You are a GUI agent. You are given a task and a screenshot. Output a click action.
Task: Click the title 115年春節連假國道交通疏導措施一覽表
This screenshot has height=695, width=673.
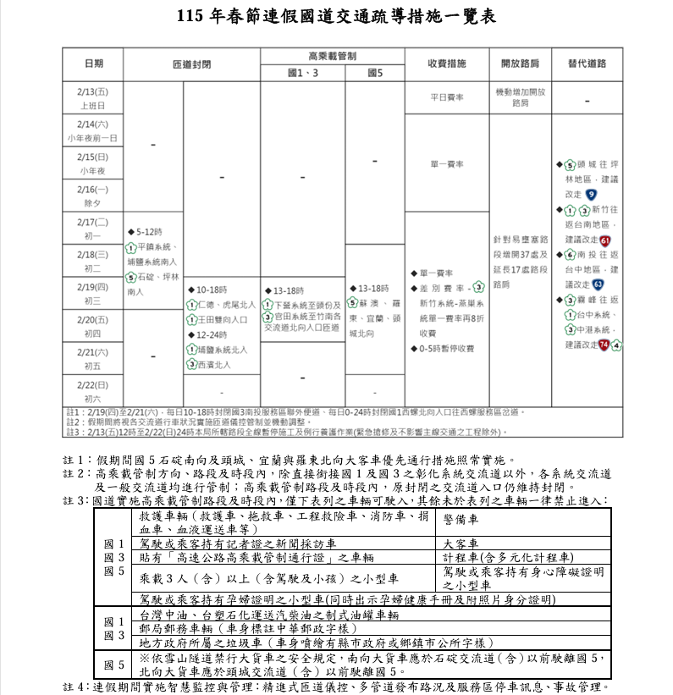click(336, 16)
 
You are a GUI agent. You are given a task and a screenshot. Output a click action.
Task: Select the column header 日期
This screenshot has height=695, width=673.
click(93, 63)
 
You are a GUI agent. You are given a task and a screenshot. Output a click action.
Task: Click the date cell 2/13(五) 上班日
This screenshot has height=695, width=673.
click(93, 97)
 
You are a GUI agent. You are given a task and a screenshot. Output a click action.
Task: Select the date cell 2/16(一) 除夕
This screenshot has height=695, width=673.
click(93, 196)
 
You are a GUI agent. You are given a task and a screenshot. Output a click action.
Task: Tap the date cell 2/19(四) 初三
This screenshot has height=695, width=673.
click(93, 293)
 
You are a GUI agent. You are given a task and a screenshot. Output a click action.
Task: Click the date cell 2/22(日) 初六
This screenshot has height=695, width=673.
click(93, 392)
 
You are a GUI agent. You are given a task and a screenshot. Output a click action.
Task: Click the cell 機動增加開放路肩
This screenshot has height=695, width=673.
click(520, 97)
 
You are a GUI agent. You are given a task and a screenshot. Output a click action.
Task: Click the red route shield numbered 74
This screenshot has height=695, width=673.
click(604, 345)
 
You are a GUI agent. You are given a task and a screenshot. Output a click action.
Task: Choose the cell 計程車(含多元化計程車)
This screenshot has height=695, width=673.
click(508, 557)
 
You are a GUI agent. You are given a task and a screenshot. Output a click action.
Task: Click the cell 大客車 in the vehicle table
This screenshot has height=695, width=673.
click(461, 544)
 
